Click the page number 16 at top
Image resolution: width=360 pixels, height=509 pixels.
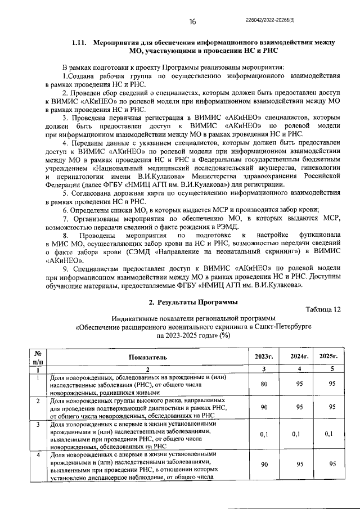[192, 22]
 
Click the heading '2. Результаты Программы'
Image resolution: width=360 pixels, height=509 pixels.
[192, 302]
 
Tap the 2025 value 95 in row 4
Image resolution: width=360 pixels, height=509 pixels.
[332, 464]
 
